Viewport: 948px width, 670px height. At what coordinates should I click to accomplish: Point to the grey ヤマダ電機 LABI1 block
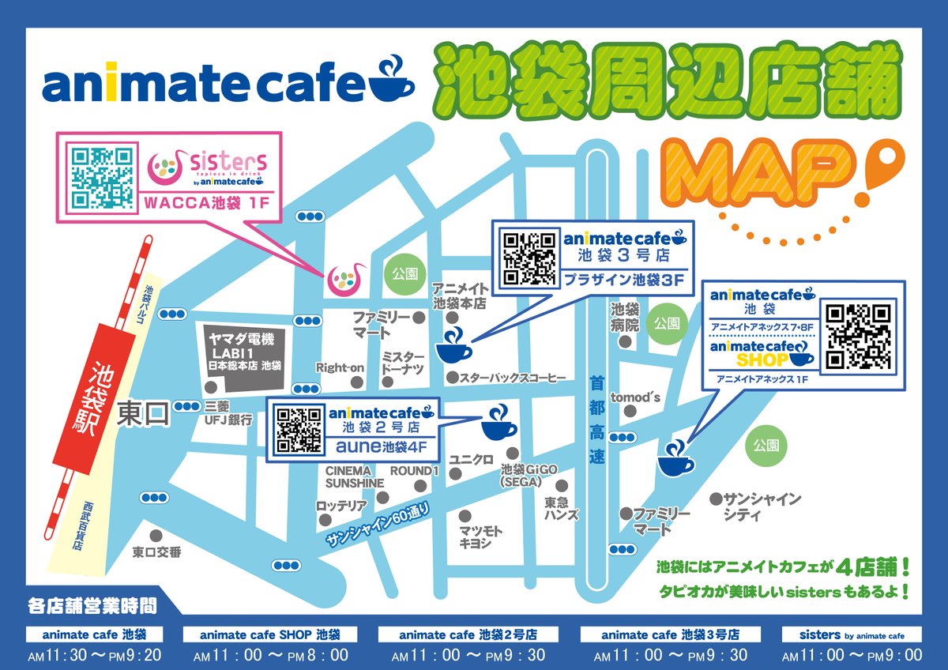click(x=245, y=356)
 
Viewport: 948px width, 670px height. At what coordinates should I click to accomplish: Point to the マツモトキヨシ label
click(x=480, y=536)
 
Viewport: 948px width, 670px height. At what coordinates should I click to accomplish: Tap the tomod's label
click(x=636, y=397)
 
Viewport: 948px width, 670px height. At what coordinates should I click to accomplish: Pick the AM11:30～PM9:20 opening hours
click(x=95, y=654)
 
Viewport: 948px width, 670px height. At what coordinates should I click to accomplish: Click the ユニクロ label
click(x=472, y=459)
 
